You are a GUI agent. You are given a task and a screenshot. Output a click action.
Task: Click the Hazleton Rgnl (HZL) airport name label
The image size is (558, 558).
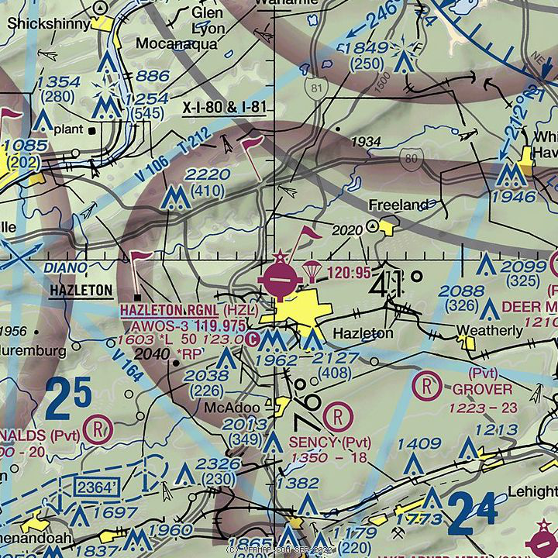188,309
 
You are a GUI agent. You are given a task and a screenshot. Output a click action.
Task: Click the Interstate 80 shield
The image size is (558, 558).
410,159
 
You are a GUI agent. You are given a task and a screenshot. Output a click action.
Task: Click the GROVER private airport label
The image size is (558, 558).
483,389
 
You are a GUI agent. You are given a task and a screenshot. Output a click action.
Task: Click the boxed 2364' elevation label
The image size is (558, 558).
97,487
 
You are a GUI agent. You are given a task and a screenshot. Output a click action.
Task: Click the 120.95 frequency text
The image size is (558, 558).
350,273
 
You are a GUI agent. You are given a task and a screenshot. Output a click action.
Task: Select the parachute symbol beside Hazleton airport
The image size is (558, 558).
310,270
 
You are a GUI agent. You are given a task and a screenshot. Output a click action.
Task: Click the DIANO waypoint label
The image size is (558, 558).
64,268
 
